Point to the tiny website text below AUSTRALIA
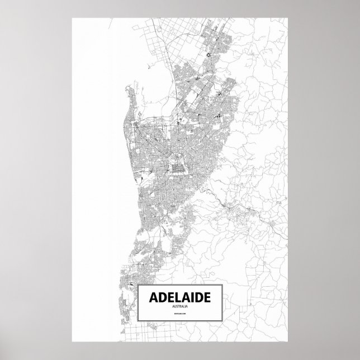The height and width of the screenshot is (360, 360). pos(180,316)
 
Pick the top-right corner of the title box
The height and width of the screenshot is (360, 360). pos(223,284)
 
